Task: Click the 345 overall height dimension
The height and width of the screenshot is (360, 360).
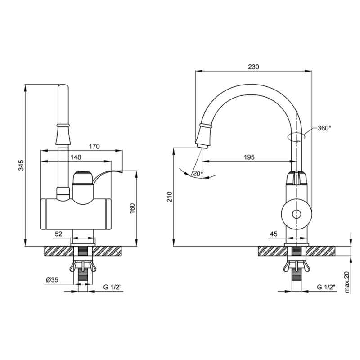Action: click(21, 165)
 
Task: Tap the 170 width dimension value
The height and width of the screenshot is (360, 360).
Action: click(94, 147)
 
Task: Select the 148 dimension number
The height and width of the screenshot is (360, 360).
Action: click(76, 157)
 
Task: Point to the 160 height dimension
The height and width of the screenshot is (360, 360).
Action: click(132, 208)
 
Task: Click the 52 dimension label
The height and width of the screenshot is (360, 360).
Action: click(58, 234)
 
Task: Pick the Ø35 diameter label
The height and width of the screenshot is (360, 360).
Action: click(52, 280)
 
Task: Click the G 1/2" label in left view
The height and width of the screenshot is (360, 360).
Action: click(112, 287)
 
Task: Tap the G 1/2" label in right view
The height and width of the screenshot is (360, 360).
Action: click(326, 287)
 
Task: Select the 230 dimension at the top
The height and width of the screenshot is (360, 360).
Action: click(253, 67)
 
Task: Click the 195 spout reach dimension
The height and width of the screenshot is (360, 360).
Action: click(249, 157)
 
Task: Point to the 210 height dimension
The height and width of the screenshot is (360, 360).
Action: click(170, 197)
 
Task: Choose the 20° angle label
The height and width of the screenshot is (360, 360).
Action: click(198, 174)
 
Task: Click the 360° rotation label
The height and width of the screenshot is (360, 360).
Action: click(324, 128)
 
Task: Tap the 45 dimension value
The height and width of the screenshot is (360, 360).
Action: click(274, 234)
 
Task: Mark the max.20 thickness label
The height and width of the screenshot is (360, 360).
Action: click(346, 282)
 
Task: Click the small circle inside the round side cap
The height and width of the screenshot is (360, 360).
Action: click(297, 215)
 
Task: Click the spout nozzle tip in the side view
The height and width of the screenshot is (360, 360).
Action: click(202, 146)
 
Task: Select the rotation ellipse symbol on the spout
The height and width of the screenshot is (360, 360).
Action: click(297, 136)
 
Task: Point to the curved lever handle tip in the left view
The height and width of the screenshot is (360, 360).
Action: click(121, 171)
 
